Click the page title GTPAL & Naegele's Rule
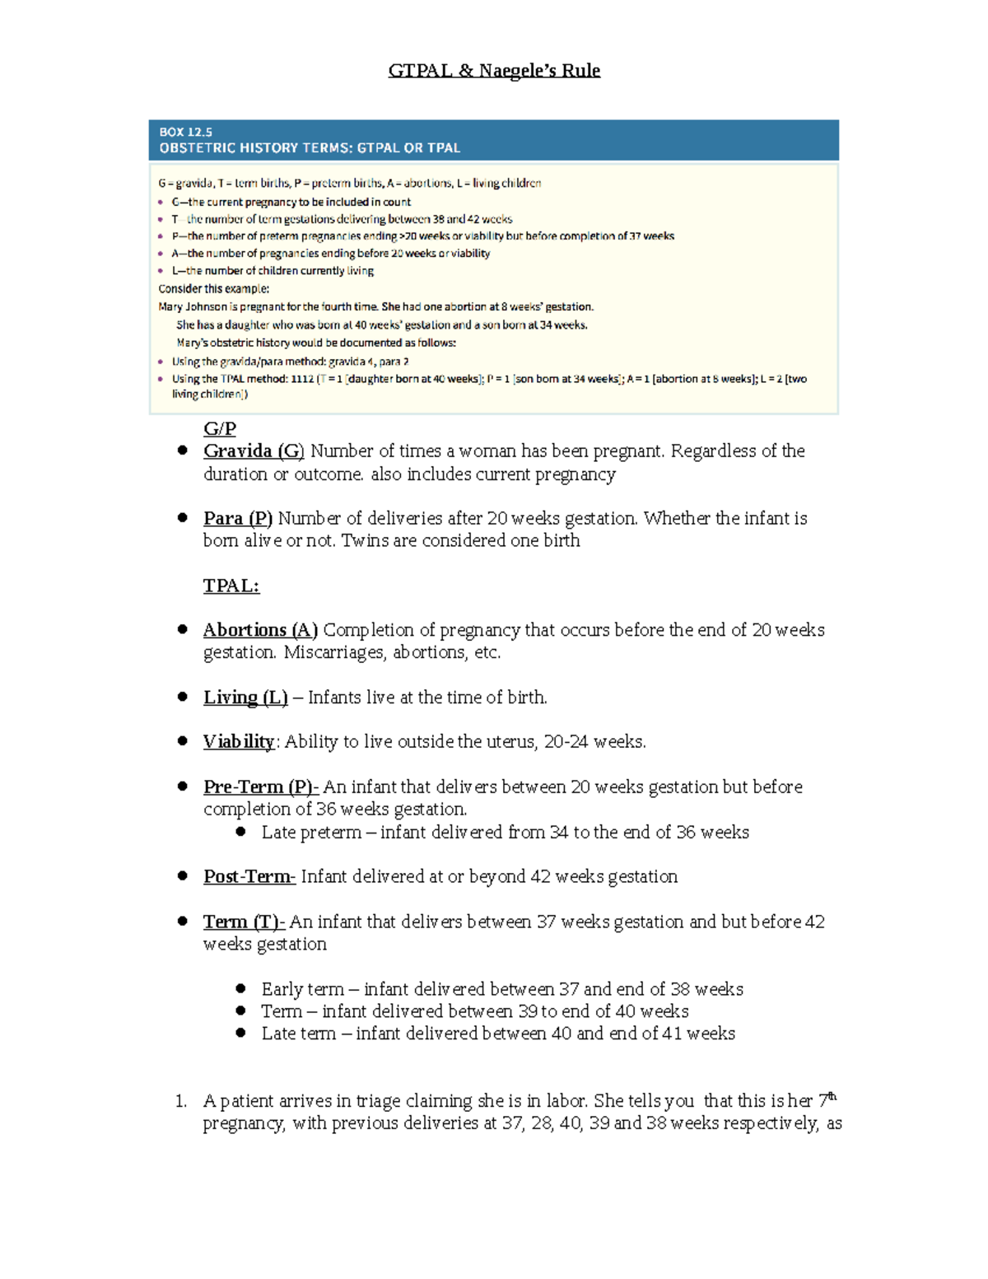[494, 71]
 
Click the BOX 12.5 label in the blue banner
[185, 132]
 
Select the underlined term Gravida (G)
[254, 451]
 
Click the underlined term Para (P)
[237, 519]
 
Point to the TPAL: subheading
[231, 586]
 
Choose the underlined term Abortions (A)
[260, 630]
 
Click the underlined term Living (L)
[245, 698]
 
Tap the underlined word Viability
[238, 742]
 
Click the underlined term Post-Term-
[249, 877]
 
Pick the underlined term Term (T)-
[244, 922]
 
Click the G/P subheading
[220, 429]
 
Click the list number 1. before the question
[181, 1101]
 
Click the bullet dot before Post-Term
[183, 876]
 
